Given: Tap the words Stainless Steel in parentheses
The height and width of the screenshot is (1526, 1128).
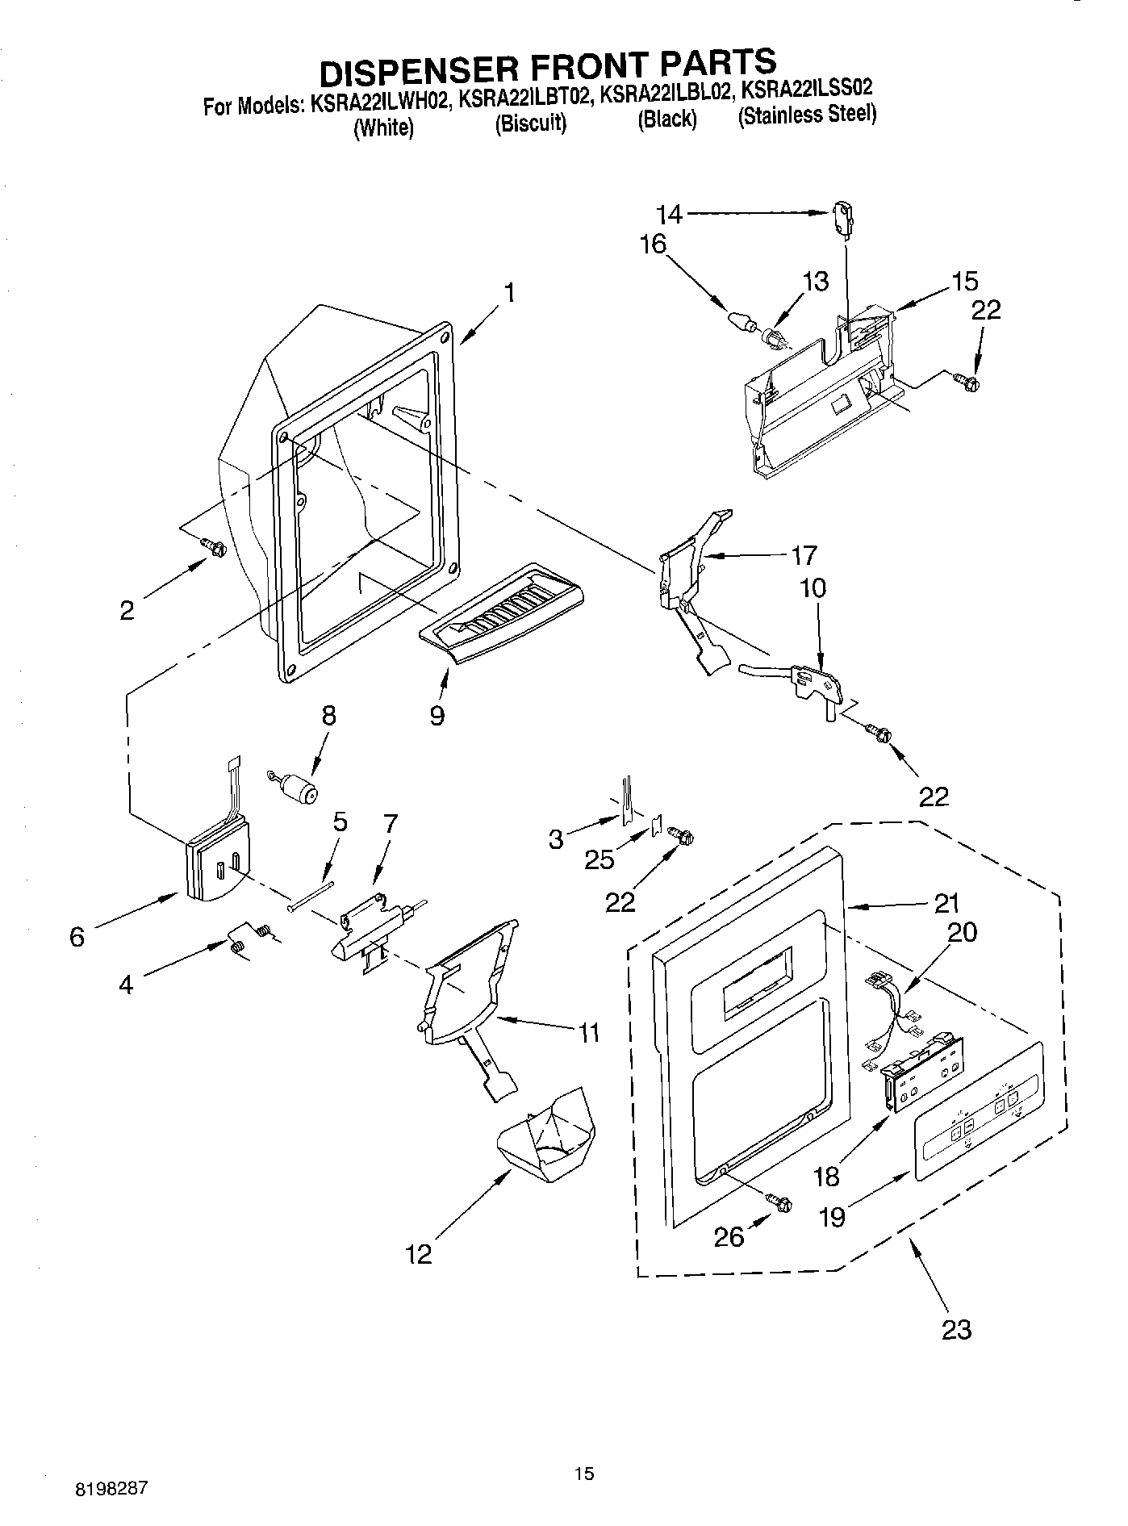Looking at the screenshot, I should pyautogui.click(x=807, y=115).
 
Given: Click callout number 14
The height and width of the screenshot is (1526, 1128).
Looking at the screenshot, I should pyautogui.click(x=669, y=214).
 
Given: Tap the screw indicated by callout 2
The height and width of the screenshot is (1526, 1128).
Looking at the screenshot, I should pyautogui.click(x=214, y=547).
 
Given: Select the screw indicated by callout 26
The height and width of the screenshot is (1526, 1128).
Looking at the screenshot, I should pyautogui.click(x=780, y=1202).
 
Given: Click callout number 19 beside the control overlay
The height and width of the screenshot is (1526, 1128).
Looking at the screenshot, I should pyautogui.click(x=831, y=1216).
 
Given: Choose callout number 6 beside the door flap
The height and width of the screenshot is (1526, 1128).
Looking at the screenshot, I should pyautogui.click(x=77, y=937).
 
